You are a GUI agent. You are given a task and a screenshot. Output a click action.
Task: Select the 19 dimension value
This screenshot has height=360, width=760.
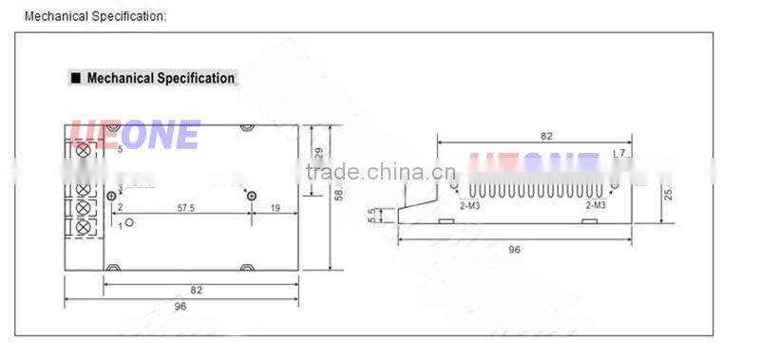(x=274, y=207)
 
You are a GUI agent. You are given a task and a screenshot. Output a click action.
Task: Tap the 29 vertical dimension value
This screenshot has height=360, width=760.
(x=319, y=152)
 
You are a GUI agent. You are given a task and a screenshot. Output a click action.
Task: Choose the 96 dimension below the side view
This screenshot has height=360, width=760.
(x=514, y=250)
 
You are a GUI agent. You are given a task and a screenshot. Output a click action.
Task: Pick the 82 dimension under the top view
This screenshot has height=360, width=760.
(x=196, y=289)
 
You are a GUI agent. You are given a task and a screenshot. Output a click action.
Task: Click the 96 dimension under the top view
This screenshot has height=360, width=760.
(x=181, y=307)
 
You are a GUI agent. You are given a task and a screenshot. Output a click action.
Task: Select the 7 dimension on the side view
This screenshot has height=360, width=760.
(x=622, y=152)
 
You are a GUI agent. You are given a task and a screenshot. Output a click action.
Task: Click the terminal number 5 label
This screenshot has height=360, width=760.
(x=119, y=149)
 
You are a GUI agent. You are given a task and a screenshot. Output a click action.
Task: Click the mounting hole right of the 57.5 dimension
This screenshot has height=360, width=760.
(x=250, y=195)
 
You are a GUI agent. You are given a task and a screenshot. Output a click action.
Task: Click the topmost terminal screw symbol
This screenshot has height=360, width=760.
(x=83, y=150)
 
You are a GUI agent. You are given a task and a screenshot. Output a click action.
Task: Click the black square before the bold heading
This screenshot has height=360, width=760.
(x=75, y=79)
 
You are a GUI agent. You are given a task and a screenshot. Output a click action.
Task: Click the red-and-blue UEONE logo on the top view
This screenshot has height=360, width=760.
(x=133, y=135)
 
